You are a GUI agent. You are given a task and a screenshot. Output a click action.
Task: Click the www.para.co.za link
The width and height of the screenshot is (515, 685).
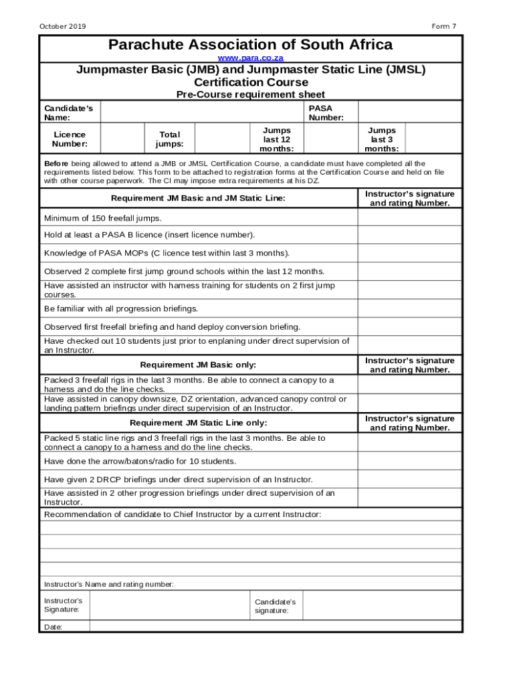tap(250, 58)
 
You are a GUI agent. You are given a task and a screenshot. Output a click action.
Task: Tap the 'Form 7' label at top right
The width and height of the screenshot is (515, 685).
tap(443, 27)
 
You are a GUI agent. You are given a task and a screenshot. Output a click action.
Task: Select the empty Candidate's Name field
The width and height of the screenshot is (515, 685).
tap(201, 112)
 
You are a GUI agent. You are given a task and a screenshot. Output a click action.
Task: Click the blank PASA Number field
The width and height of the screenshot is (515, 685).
tap(409, 112)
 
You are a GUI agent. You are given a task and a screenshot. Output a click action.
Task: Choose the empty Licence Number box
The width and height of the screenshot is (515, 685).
tap(122, 139)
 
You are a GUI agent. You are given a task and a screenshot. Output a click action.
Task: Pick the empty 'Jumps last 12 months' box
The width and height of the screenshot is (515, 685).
tap(326, 139)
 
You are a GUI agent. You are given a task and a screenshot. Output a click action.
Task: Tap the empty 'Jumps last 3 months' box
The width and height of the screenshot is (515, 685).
tap(434, 139)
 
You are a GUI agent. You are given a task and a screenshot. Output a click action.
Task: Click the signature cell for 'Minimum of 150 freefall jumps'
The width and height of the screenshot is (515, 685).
tap(409, 218)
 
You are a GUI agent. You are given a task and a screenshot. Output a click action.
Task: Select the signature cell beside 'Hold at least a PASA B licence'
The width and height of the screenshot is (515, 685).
tap(409, 235)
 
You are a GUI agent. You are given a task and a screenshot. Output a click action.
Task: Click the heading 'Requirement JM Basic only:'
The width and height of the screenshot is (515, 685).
tap(198, 365)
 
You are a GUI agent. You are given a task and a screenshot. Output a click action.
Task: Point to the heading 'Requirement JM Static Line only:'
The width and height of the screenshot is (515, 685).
tap(198, 423)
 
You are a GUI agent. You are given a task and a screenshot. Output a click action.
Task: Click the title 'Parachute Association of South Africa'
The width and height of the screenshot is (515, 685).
tap(250, 45)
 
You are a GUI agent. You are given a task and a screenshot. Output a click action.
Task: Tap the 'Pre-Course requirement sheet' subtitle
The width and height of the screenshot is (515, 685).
tap(250, 94)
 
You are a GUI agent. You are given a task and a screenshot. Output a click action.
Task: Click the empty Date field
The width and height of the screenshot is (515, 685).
tap(275, 627)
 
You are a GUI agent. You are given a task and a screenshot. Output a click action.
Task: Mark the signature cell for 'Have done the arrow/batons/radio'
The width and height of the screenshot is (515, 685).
tap(409, 461)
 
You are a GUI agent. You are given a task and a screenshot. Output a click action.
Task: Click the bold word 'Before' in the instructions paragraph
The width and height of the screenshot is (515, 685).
tap(56, 163)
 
